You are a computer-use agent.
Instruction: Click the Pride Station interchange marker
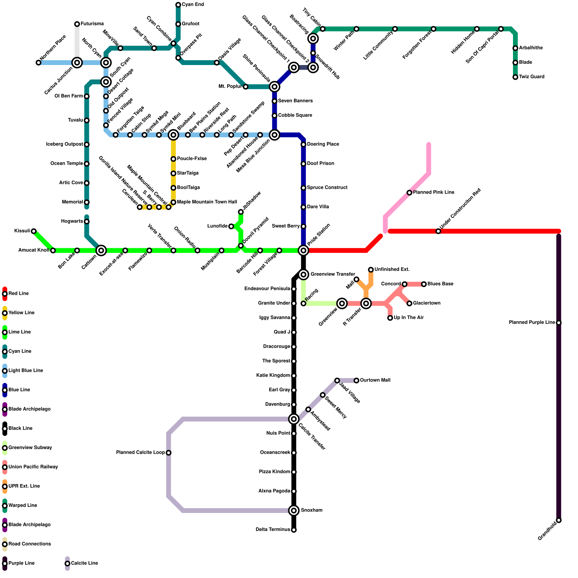tap(303, 250)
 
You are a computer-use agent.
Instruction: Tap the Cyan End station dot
tap(178, 5)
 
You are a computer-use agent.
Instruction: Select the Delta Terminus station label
tap(272, 530)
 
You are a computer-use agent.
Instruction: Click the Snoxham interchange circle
tap(294, 510)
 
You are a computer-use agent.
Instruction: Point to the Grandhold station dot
tap(559, 520)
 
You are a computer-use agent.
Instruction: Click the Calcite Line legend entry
tap(84, 563)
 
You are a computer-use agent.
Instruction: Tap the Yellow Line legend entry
tap(21, 313)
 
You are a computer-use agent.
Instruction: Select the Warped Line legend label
tap(23, 505)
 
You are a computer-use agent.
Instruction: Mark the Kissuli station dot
tap(34, 231)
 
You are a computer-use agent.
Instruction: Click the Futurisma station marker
tap(77, 24)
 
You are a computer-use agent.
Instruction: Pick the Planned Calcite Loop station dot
tap(169, 453)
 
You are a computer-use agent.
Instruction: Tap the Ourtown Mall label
tap(375, 380)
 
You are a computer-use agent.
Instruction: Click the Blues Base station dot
tap(424, 284)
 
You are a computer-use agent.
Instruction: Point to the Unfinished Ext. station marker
tap(371, 269)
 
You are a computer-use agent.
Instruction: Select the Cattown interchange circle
tap(102, 250)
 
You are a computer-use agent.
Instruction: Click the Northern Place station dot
tap(39, 63)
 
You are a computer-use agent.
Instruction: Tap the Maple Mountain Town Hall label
tap(207, 202)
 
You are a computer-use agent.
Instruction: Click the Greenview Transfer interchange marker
tap(303, 275)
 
